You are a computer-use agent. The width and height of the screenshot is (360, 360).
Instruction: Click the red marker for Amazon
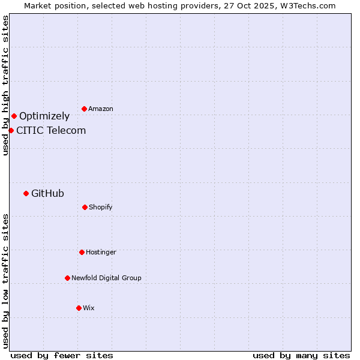(84, 109)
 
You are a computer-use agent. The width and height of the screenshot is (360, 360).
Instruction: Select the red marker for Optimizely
(14, 116)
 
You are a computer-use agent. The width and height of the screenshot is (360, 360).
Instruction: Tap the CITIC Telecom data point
(11, 130)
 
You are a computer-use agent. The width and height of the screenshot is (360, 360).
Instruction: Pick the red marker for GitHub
(26, 193)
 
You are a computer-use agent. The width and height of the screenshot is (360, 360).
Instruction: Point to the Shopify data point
(85, 207)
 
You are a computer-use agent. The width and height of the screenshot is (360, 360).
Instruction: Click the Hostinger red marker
(82, 252)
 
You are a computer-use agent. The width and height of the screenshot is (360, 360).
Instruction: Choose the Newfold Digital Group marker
(67, 278)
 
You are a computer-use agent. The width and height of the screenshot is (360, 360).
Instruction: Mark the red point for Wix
(79, 308)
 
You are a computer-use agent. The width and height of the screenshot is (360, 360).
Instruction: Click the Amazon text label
(101, 109)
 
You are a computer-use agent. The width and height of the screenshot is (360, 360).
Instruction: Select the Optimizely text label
(44, 116)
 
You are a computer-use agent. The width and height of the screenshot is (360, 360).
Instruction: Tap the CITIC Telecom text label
(51, 130)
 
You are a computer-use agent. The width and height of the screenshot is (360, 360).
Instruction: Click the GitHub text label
(47, 193)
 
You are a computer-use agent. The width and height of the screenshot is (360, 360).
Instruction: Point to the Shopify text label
(101, 207)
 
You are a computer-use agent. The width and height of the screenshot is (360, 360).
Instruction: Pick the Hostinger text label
(101, 252)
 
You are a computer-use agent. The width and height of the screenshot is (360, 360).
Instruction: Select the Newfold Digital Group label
(106, 278)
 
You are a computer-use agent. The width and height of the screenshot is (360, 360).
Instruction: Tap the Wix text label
(89, 308)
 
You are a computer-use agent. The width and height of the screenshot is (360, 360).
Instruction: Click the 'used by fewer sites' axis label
(62, 355)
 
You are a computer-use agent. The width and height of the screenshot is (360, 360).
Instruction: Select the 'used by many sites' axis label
(301, 355)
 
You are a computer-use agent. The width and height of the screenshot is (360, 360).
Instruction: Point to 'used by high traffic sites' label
(5, 85)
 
